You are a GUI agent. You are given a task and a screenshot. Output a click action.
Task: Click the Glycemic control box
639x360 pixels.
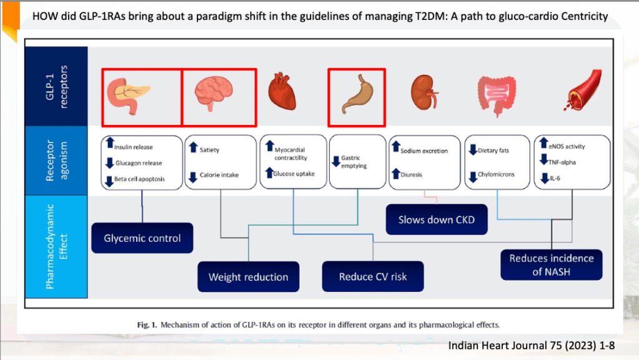[142, 238]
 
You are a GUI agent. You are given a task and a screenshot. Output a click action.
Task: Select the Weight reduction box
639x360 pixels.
[248, 277]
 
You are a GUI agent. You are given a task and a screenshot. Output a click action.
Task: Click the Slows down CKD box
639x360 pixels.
[437, 219]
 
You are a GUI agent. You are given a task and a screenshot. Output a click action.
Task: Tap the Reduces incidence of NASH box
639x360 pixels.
[550, 264]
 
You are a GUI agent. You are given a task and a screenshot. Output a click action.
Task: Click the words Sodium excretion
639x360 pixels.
[424, 151]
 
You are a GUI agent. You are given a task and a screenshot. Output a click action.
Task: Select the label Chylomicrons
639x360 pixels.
[496, 174]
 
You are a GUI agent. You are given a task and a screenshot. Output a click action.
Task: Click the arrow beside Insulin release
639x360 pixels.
[109, 143]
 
